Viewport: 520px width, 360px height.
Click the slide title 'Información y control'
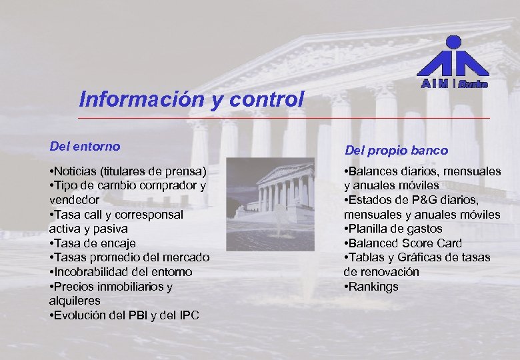191,99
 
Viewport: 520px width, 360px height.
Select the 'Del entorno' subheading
85,145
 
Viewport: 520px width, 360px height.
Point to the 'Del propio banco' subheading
396,151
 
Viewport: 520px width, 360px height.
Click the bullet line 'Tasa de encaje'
94,243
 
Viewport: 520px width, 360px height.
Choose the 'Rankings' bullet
373,287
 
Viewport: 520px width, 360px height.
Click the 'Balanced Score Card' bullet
404,243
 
